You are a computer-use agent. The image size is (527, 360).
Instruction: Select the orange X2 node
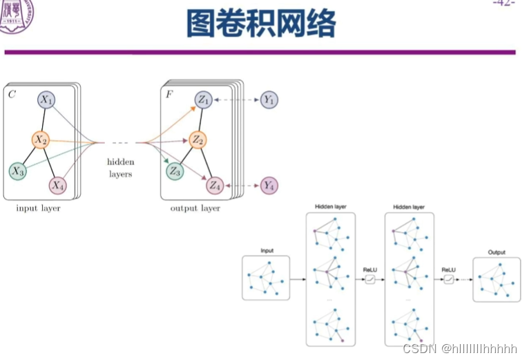(40, 140)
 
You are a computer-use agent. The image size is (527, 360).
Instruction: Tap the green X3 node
(17, 170)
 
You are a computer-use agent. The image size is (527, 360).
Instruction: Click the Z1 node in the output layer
(204, 100)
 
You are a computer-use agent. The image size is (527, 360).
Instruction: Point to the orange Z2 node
(198, 140)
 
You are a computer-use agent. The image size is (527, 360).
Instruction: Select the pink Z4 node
(215, 185)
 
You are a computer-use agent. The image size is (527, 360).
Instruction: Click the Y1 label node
(269, 100)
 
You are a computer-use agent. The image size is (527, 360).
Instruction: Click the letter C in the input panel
(12, 93)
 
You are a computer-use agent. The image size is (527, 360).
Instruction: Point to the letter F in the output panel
(169, 93)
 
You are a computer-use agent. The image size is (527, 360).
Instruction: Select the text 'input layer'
(38, 208)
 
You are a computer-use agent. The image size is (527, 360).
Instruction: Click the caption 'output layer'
(195, 208)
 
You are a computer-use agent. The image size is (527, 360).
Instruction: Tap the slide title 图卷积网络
(261, 23)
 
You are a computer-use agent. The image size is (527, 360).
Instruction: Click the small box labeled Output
(497, 278)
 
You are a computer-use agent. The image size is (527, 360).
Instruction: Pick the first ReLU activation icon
(370, 279)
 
